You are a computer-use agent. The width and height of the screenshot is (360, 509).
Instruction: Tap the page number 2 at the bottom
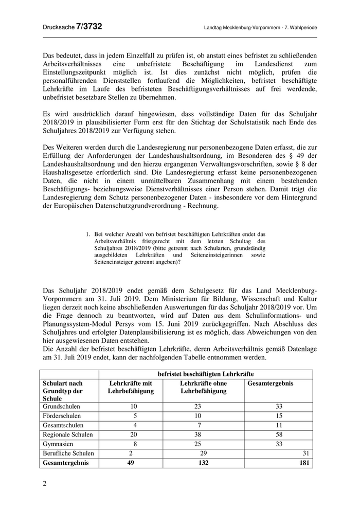click(x=44, y=483)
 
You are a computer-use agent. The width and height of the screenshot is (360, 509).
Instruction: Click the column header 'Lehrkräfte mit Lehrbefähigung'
click(x=131, y=387)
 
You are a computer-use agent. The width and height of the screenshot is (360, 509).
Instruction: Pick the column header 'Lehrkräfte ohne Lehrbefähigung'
click(x=203, y=387)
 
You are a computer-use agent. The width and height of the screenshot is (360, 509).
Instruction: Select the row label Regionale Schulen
click(x=68, y=434)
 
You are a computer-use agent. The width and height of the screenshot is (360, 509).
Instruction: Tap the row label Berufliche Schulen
click(x=68, y=453)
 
